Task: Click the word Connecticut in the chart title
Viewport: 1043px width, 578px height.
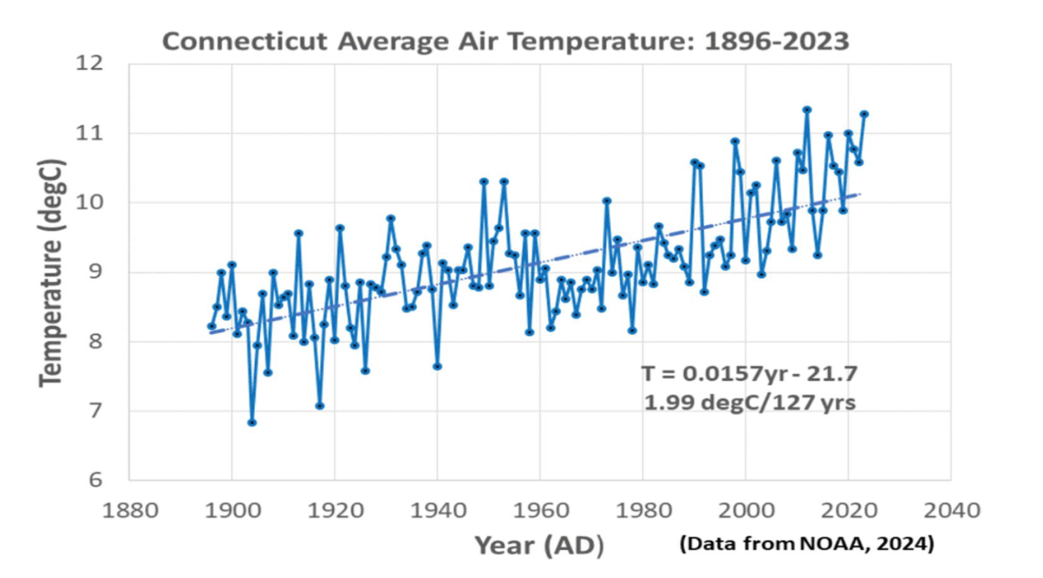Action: click(x=244, y=41)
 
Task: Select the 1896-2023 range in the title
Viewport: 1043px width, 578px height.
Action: click(x=776, y=41)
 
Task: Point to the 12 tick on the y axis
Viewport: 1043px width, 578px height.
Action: click(x=89, y=63)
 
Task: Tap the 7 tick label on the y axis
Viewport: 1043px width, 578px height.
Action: click(x=96, y=410)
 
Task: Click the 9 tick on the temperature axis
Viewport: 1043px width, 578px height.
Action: click(x=96, y=271)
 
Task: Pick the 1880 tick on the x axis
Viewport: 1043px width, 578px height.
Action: click(x=130, y=510)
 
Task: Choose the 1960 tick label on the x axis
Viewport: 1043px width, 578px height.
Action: click(x=540, y=510)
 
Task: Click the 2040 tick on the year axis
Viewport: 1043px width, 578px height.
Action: click(x=951, y=510)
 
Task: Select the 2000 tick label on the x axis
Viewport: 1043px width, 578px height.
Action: click(x=746, y=510)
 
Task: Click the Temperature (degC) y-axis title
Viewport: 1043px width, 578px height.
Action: click(x=51, y=273)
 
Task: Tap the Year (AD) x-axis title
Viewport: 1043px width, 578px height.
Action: click(x=539, y=545)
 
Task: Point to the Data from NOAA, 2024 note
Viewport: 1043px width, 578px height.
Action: click(x=807, y=543)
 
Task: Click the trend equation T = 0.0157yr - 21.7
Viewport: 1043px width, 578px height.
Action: click(x=750, y=374)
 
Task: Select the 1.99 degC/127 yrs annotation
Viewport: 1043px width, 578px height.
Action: click(x=750, y=402)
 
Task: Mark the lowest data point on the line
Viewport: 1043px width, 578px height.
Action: click(x=252, y=423)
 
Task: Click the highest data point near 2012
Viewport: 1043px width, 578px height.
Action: click(x=807, y=110)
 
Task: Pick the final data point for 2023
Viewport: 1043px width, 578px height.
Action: click(x=864, y=114)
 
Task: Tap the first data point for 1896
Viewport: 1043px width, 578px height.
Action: click(x=211, y=326)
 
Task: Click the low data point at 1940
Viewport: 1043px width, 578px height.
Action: click(x=437, y=367)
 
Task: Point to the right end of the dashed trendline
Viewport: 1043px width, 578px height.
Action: click(x=860, y=194)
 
